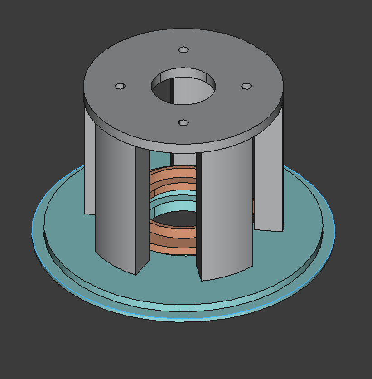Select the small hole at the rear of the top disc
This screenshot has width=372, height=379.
click(x=183, y=49)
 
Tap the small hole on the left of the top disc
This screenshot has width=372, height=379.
click(x=120, y=86)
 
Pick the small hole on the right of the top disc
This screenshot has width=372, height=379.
click(x=246, y=86)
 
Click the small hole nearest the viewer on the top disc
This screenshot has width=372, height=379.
click(x=183, y=123)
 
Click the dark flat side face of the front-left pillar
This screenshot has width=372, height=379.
click(x=143, y=209)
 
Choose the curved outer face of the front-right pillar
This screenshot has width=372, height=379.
click(x=227, y=209)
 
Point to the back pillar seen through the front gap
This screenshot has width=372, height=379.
click(x=184, y=159)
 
